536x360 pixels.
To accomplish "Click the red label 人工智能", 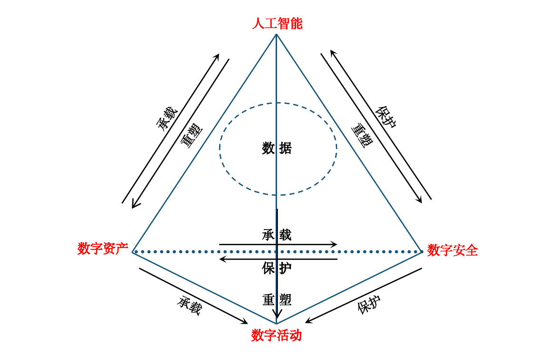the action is (x=277, y=24).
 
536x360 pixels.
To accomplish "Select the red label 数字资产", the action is (x=102, y=249).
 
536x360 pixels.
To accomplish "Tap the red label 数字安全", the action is (x=452, y=250).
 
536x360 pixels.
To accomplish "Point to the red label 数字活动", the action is (x=277, y=335).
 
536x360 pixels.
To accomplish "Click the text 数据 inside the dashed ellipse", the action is (x=277, y=149).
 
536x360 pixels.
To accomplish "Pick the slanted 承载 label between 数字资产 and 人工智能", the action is (x=167, y=119).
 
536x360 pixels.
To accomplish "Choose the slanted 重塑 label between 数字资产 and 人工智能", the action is (x=191, y=135).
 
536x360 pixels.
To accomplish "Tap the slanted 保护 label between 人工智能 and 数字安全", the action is (x=386, y=117).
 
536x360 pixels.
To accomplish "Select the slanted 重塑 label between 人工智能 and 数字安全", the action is (x=362, y=135).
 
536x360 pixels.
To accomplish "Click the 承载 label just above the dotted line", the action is (x=277, y=235).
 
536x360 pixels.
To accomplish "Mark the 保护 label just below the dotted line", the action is (x=277, y=268).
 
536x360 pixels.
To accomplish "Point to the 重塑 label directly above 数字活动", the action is (x=277, y=300).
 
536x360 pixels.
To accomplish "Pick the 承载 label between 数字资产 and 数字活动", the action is (x=190, y=305).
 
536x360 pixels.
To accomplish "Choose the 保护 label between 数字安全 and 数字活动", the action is (x=369, y=304).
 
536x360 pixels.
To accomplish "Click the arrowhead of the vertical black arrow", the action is (x=277, y=316).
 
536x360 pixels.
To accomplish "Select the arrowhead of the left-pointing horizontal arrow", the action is (x=222, y=259).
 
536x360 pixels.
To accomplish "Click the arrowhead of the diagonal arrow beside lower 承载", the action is (x=245, y=321).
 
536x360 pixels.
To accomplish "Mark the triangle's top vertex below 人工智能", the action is (x=277, y=34).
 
